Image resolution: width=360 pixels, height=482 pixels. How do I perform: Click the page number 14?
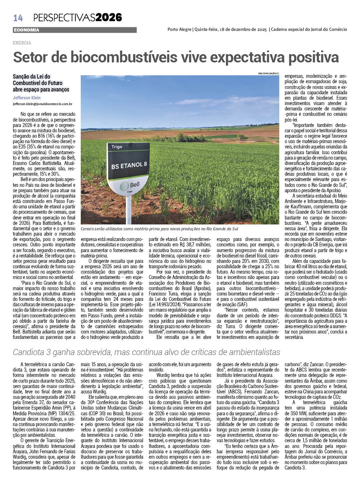pos(18,18)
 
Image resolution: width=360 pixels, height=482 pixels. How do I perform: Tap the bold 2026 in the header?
pos(109,17)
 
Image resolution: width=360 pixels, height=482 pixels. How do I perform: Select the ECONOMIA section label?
pos(26,30)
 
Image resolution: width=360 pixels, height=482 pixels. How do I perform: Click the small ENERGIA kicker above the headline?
pos(22,43)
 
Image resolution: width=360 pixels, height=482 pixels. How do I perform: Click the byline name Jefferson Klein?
pos(27,98)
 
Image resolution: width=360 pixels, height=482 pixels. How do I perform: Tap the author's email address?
pos(43,104)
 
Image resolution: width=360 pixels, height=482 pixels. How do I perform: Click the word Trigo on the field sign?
pos(117,147)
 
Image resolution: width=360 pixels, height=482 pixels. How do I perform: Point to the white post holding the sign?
pos(129,212)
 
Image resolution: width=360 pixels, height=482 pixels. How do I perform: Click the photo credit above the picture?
pos(268,74)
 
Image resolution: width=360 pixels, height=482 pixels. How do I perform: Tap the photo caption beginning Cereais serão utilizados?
pos(159,229)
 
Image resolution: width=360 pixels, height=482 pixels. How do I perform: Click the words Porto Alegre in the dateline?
pos(179,29)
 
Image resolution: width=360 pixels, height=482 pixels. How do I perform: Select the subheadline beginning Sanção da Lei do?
pos(41,83)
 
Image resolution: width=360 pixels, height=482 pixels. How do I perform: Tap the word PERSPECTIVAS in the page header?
pos(64,17)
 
